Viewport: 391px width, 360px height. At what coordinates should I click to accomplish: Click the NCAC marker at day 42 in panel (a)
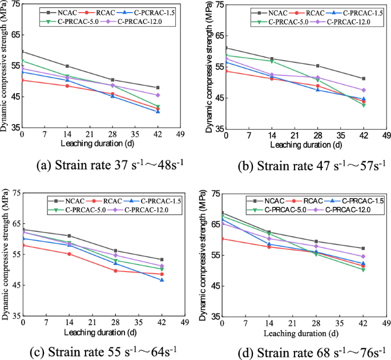click(158, 87)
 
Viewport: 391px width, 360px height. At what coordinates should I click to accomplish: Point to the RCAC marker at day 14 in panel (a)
click(67, 86)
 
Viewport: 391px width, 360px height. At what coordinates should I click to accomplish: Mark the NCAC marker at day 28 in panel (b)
click(317, 66)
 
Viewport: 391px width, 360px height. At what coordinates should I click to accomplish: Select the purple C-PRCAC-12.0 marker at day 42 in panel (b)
click(364, 90)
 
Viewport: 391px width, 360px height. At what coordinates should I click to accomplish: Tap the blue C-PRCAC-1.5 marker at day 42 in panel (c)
click(162, 280)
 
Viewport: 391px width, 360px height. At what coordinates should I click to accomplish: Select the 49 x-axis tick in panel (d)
click(386, 324)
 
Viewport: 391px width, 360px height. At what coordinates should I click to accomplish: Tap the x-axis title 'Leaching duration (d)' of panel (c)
click(92, 332)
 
